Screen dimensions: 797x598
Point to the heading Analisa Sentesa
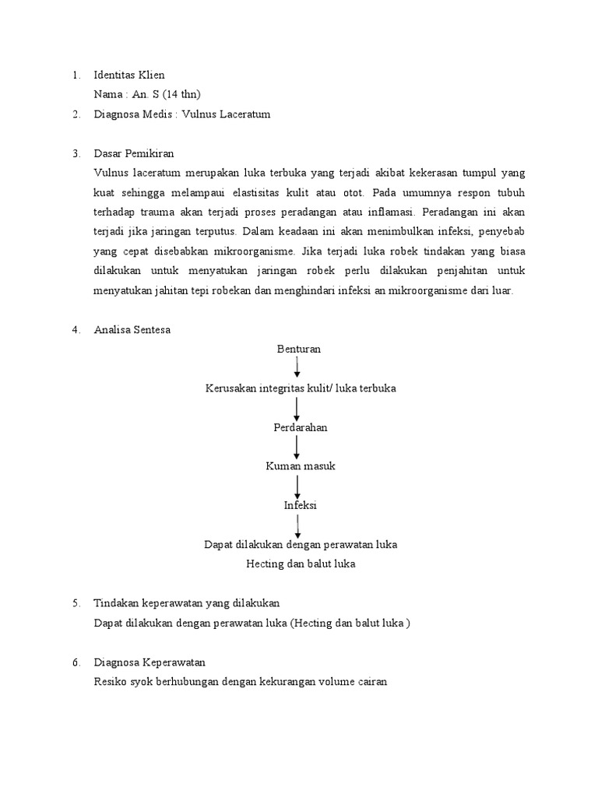132,329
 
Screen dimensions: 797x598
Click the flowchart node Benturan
299,349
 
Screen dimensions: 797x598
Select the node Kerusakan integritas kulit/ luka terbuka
301,388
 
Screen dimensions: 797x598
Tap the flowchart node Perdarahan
300,427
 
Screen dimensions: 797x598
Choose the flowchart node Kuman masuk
300,465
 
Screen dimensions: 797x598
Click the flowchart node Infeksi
300,505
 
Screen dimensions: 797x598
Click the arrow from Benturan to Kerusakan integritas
297,367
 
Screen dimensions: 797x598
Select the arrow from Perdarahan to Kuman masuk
297,446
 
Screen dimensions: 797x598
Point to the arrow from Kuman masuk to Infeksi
297,486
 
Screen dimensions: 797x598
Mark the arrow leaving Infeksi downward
297,525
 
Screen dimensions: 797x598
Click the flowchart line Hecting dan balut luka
301,564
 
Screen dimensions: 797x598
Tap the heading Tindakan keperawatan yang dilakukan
186,603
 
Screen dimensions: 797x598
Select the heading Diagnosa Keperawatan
149,662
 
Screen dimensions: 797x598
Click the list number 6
76,662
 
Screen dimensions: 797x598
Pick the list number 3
76,153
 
